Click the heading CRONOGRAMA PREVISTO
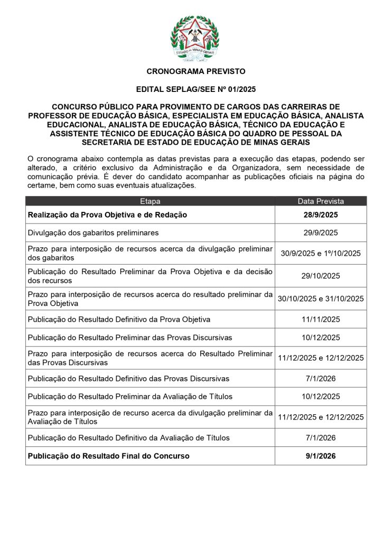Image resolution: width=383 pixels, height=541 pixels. click(x=195, y=71)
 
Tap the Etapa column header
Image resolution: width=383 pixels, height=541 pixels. click(x=150, y=201)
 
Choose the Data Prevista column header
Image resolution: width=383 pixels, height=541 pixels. click(x=321, y=201)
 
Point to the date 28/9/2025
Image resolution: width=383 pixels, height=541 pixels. click(x=321, y=215)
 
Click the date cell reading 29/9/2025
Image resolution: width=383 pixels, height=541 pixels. click(x=321, y=232)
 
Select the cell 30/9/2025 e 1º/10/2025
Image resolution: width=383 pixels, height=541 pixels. click(x=321, y=253)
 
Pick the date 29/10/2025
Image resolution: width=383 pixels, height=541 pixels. click(x=321, y=276)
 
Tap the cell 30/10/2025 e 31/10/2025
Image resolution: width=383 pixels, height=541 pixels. click(x=321, y=299)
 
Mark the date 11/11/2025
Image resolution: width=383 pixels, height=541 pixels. click(x=321, y=319)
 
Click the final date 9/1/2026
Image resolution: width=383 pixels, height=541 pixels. click(x=321, y=455)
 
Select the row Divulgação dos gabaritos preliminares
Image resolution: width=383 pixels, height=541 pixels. click(x=93, y=232)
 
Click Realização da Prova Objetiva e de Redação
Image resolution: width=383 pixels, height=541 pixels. click(x=107, y=215)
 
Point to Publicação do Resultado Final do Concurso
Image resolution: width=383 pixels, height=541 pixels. click(x=108, y=455)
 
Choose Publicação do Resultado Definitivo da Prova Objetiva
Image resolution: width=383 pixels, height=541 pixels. click(x=119, y=319)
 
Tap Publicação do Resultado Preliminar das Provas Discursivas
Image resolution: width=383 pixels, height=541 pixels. click(x=129, y=337)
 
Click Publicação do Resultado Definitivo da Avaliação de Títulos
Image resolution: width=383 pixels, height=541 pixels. click(x=128, y=437)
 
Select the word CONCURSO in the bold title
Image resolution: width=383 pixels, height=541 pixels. click(x=72, y=106)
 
